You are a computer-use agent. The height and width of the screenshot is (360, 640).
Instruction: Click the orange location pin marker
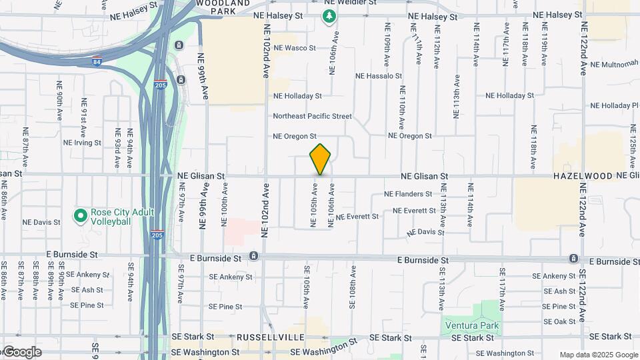[321, 159]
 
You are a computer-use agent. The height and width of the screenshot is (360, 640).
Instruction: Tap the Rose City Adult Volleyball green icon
[81, 216]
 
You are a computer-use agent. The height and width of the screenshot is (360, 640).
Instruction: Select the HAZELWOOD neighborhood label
[583, 176]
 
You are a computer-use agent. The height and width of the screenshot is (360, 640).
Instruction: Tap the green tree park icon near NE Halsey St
[329, 16]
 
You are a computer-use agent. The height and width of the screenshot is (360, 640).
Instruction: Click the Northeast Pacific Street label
[312, 116]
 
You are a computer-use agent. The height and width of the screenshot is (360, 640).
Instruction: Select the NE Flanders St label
[409, 194]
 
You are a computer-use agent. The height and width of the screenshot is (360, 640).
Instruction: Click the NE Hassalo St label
[379, 77]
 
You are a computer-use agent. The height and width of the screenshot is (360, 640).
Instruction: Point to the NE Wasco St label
[294, 48]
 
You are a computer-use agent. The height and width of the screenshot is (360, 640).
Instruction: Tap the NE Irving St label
[82, 143]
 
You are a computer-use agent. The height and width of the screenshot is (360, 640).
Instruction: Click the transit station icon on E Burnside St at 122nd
[573, 258]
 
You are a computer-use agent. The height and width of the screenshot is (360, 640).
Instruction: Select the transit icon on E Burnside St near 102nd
[254, 257]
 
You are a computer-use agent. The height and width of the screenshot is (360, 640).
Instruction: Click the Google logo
[22, 352]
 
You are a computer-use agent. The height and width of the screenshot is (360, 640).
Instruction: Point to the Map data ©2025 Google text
[597, 355]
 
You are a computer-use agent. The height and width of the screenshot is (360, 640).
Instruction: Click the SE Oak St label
[559, 321]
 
